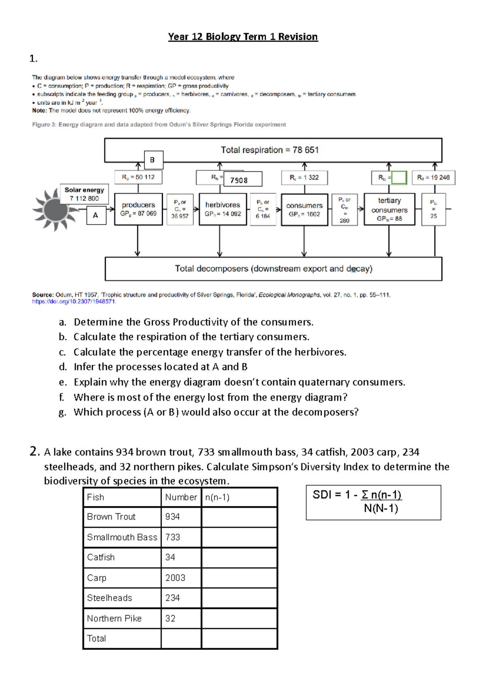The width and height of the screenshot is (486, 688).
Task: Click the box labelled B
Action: (x=153, y=160)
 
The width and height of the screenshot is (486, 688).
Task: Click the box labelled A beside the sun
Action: (x=96, y=215)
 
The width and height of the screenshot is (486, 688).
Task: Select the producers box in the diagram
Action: (x=139, y=209)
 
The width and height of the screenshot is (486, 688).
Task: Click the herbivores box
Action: (x=223, y=209)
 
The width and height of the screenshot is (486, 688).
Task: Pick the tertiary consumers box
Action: (x=389, y=209)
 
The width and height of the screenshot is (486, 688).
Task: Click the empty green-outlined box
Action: (x=399, y=177)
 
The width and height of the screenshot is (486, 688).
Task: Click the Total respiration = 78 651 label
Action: (x=270, y=150)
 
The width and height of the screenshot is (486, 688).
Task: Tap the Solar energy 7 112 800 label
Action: (x=84, y=194)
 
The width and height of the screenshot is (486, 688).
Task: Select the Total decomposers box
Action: (x=273, y=269)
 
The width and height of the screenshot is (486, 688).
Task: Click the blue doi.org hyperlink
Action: (x=74, y=301)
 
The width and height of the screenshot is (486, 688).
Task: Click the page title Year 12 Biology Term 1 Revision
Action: (x=243, y=37)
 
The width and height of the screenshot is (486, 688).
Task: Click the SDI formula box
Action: (x=373, y=502)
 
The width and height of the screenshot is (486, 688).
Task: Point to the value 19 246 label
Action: (x=433, y=177)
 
